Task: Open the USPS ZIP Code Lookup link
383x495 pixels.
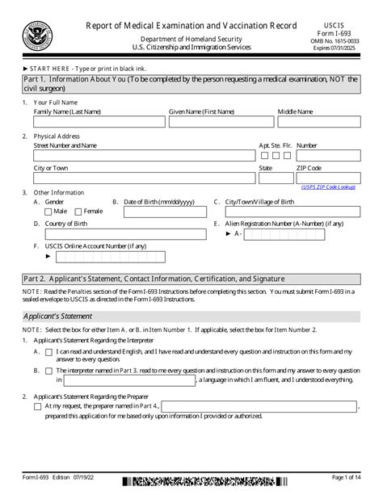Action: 327,187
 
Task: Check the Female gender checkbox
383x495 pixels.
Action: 79,211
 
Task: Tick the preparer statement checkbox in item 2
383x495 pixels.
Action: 39,407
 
